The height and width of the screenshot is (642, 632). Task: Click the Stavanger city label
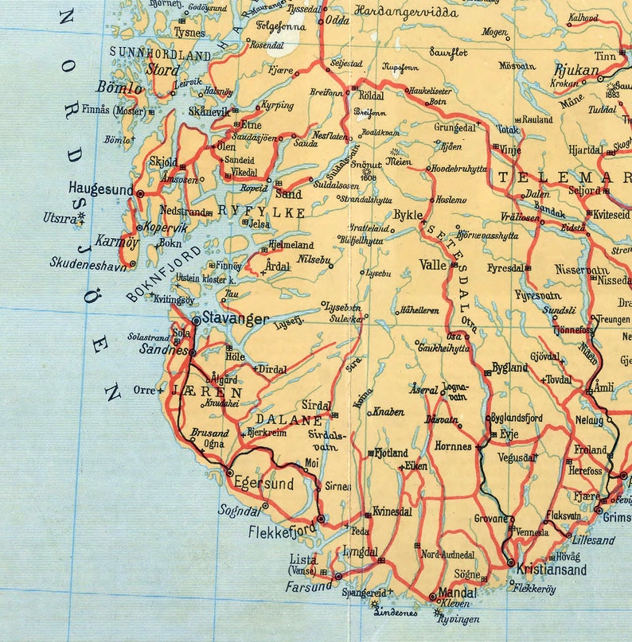click(236, 319)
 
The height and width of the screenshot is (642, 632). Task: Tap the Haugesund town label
click(101, 190)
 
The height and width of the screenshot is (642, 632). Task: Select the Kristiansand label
click(552, 570)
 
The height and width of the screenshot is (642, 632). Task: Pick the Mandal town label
click(458, 593)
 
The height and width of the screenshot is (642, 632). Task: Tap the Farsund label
click(309, 586)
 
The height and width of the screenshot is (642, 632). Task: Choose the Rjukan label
click(576, 71)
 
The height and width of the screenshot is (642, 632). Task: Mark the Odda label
click(338, 21)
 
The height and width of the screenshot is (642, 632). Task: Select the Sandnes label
click(162, 349)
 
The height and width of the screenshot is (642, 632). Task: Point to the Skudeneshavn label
click(88, 262)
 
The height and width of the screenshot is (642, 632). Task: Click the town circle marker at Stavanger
click(197, 320)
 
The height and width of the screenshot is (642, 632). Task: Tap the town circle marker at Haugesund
click(140, 193)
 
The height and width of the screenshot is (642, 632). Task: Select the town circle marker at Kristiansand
click(510, 562)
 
